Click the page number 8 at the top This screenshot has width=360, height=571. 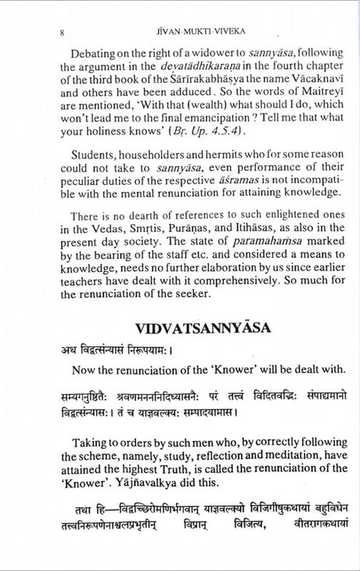[62, 33]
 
